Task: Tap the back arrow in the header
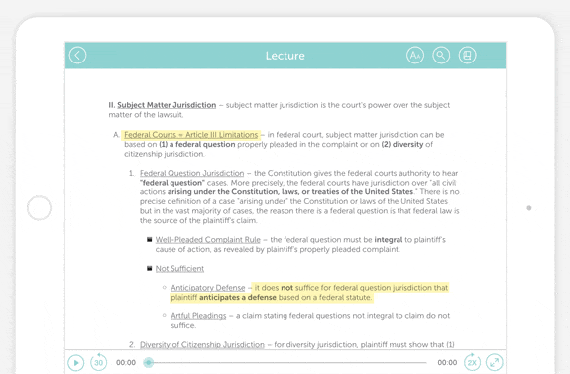(78, 56)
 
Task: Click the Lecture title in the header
(285, 56)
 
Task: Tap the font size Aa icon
(415, 56)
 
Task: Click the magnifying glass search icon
(441, 56)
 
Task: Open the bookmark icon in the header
(467, 56)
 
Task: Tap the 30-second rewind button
(99, 363)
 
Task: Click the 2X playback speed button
(472, 363)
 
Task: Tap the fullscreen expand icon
(494, 363)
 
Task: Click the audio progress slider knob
(149, 363)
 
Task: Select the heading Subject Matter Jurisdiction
(167, 105)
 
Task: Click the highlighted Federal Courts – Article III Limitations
(190, 135)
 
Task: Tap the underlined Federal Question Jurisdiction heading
(191, 174)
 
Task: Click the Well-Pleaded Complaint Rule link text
(207, 240)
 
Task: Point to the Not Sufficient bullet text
(179, 269)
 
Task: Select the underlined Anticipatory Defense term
(207, 288)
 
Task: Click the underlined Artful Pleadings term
(198, 316)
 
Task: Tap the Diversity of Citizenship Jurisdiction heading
(201, 345)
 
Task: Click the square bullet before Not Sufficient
(150, 268)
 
